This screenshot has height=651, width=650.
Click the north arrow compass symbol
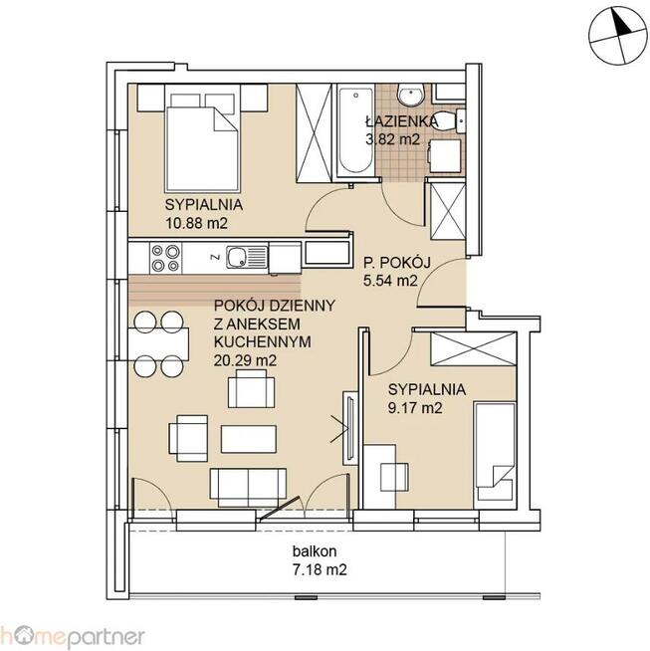coord(618,36)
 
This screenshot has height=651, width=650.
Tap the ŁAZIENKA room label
coord(401,121)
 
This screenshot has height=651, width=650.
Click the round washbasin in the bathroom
coord(410,95)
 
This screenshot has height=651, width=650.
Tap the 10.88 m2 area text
coord(196,223)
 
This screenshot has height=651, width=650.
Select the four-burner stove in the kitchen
coord(165,258)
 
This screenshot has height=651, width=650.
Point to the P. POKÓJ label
coord(397,263)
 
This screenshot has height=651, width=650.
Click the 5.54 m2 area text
coord(390,281)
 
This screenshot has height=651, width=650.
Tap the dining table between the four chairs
coord(158,344)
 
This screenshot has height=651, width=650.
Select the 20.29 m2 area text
coord(245,360)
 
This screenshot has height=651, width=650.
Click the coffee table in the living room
coord(248,439)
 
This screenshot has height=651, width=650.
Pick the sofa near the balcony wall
coord(248,488)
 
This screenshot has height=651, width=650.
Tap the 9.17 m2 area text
coord(415,408)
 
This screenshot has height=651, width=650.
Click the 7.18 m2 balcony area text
coord(320,569)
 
